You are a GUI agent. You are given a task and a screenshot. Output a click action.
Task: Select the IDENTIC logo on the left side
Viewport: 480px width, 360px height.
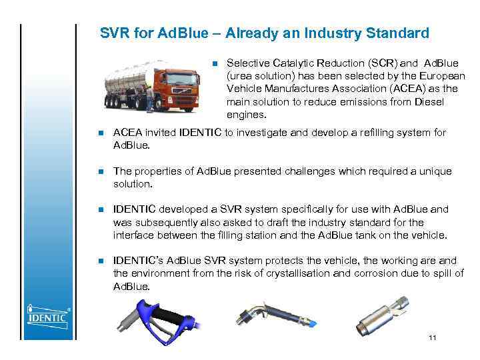pyautogui.click(x=47, y=314)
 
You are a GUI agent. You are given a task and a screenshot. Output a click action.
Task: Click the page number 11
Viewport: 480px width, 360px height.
pyautogui.click(x=433, y=339)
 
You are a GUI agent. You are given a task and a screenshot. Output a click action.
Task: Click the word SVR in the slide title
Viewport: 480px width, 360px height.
pyautogui.click(x=113, y=33)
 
